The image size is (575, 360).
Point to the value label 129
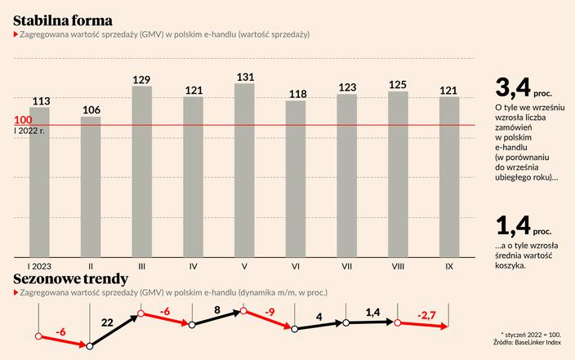[142, 78]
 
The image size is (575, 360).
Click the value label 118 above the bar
[296, 93]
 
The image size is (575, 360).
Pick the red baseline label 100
[23, 119]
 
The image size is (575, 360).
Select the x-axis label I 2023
[39, 266]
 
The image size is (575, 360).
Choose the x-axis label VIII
[398, 266]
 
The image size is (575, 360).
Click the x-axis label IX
[449, 266]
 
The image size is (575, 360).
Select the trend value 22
[106, 322]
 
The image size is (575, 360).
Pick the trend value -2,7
[428, 315]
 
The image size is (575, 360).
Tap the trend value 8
[217, 310]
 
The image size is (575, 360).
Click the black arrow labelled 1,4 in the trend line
[372, 322]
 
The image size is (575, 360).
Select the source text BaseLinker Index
[542, 343]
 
